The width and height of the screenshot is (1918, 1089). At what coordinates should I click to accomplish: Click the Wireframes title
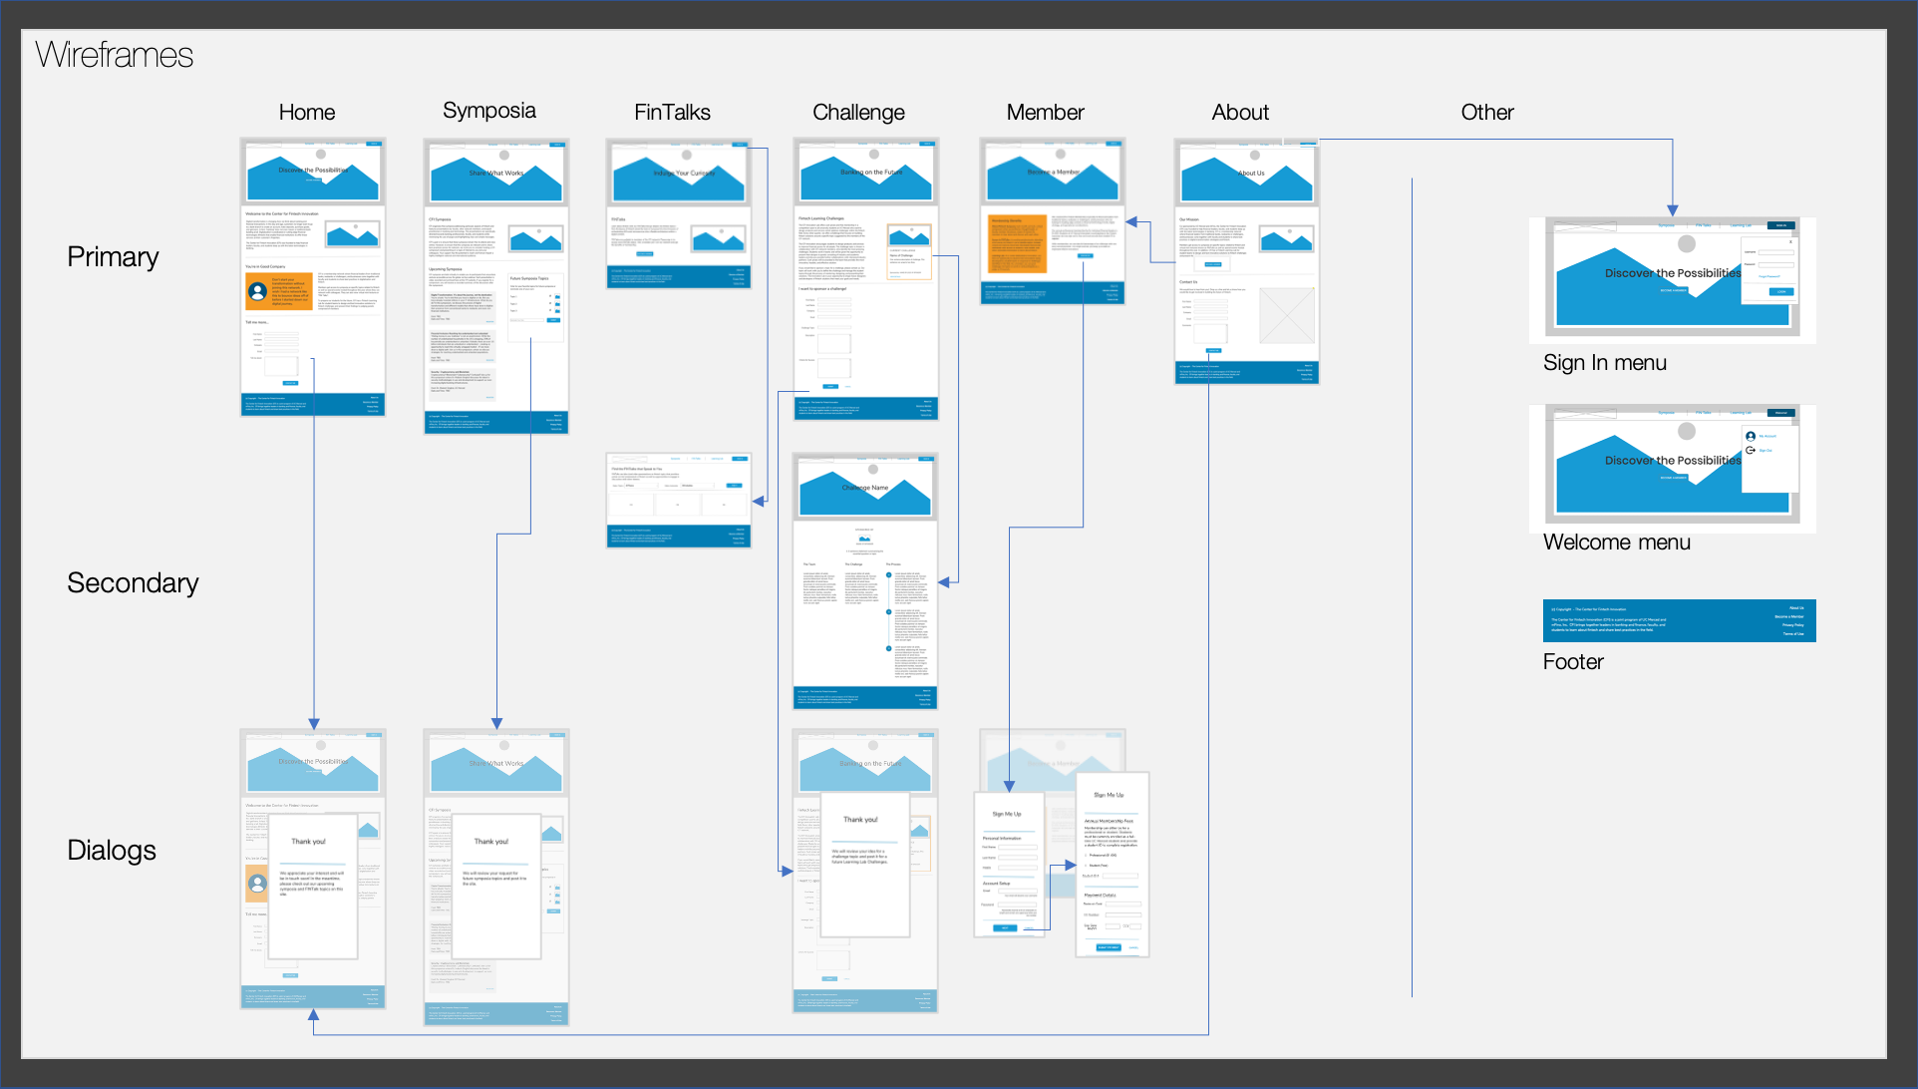point(115,55)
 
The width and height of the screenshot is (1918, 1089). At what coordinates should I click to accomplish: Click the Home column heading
point(307,113)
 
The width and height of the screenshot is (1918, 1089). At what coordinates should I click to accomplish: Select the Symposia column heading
point(488,111)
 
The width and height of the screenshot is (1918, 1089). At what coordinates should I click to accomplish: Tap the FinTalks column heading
point(672,113)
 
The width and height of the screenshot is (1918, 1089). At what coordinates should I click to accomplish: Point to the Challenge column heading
point(858,113)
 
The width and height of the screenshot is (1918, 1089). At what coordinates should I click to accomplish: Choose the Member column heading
point(1045,113)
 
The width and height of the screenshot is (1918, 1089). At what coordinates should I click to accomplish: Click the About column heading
point(1240,113)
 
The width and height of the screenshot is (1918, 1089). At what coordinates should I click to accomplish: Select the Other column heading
point(1487,113)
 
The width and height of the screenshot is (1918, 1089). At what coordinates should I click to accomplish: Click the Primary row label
point(113,257)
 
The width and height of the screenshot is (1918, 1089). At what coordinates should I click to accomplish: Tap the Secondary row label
point(133,583)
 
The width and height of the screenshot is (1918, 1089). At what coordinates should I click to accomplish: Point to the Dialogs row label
point(112,851)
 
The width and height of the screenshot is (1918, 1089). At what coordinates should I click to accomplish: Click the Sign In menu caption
point(1604,363)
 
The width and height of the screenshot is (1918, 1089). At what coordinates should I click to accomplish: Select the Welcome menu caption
point(1616,543)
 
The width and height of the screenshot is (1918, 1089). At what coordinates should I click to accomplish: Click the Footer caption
point(1573,662)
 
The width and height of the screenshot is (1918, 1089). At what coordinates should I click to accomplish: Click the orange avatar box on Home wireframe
point(276,291)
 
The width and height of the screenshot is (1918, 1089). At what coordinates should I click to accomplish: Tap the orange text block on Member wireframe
point(1017,243)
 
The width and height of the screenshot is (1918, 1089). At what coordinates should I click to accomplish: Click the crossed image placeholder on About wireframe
point(1286,315)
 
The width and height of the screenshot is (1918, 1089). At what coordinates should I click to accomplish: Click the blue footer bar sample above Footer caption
point(1679,620)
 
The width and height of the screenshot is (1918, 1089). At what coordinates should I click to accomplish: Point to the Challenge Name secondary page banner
point(865,488)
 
